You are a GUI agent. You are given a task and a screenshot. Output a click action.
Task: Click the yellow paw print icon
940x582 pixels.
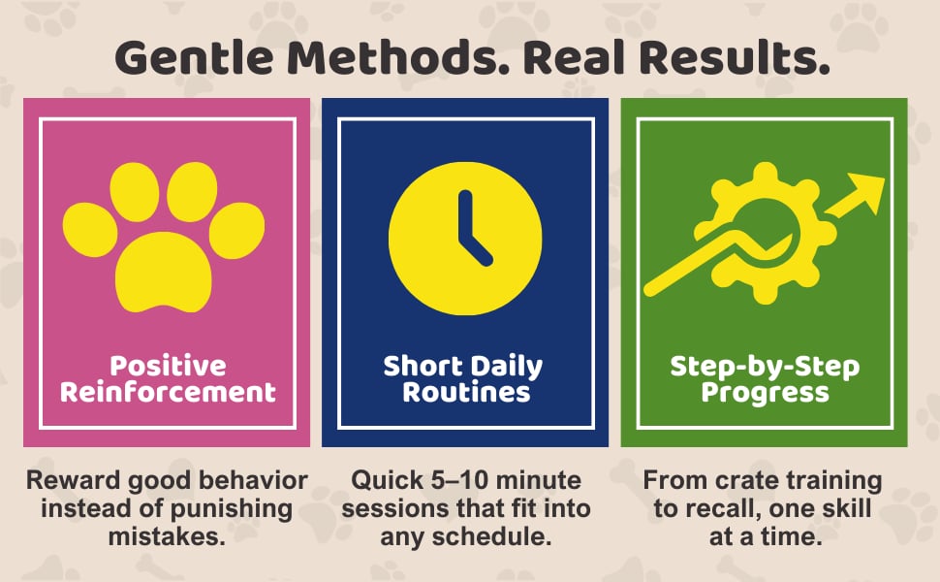click(x=164, y=237)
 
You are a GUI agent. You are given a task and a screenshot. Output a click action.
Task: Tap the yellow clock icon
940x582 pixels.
click(x=464, y=239)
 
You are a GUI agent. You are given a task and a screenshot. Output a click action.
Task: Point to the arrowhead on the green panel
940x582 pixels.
click(x=865, y=192)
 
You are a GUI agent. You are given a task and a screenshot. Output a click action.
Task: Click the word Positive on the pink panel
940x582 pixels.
click(x=167, y=367)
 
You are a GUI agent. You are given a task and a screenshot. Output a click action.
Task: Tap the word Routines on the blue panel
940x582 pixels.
click(x=466, y=392)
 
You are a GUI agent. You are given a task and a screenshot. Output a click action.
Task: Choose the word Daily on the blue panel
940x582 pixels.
click(x=506, y=367)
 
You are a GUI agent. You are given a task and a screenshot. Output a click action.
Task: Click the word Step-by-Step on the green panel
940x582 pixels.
click(x=766, y=367)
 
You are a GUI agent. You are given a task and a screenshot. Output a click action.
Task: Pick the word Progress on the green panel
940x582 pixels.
click(x=766, y=392)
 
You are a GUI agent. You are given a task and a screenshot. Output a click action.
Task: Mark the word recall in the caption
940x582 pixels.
click(x=721, y=508)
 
